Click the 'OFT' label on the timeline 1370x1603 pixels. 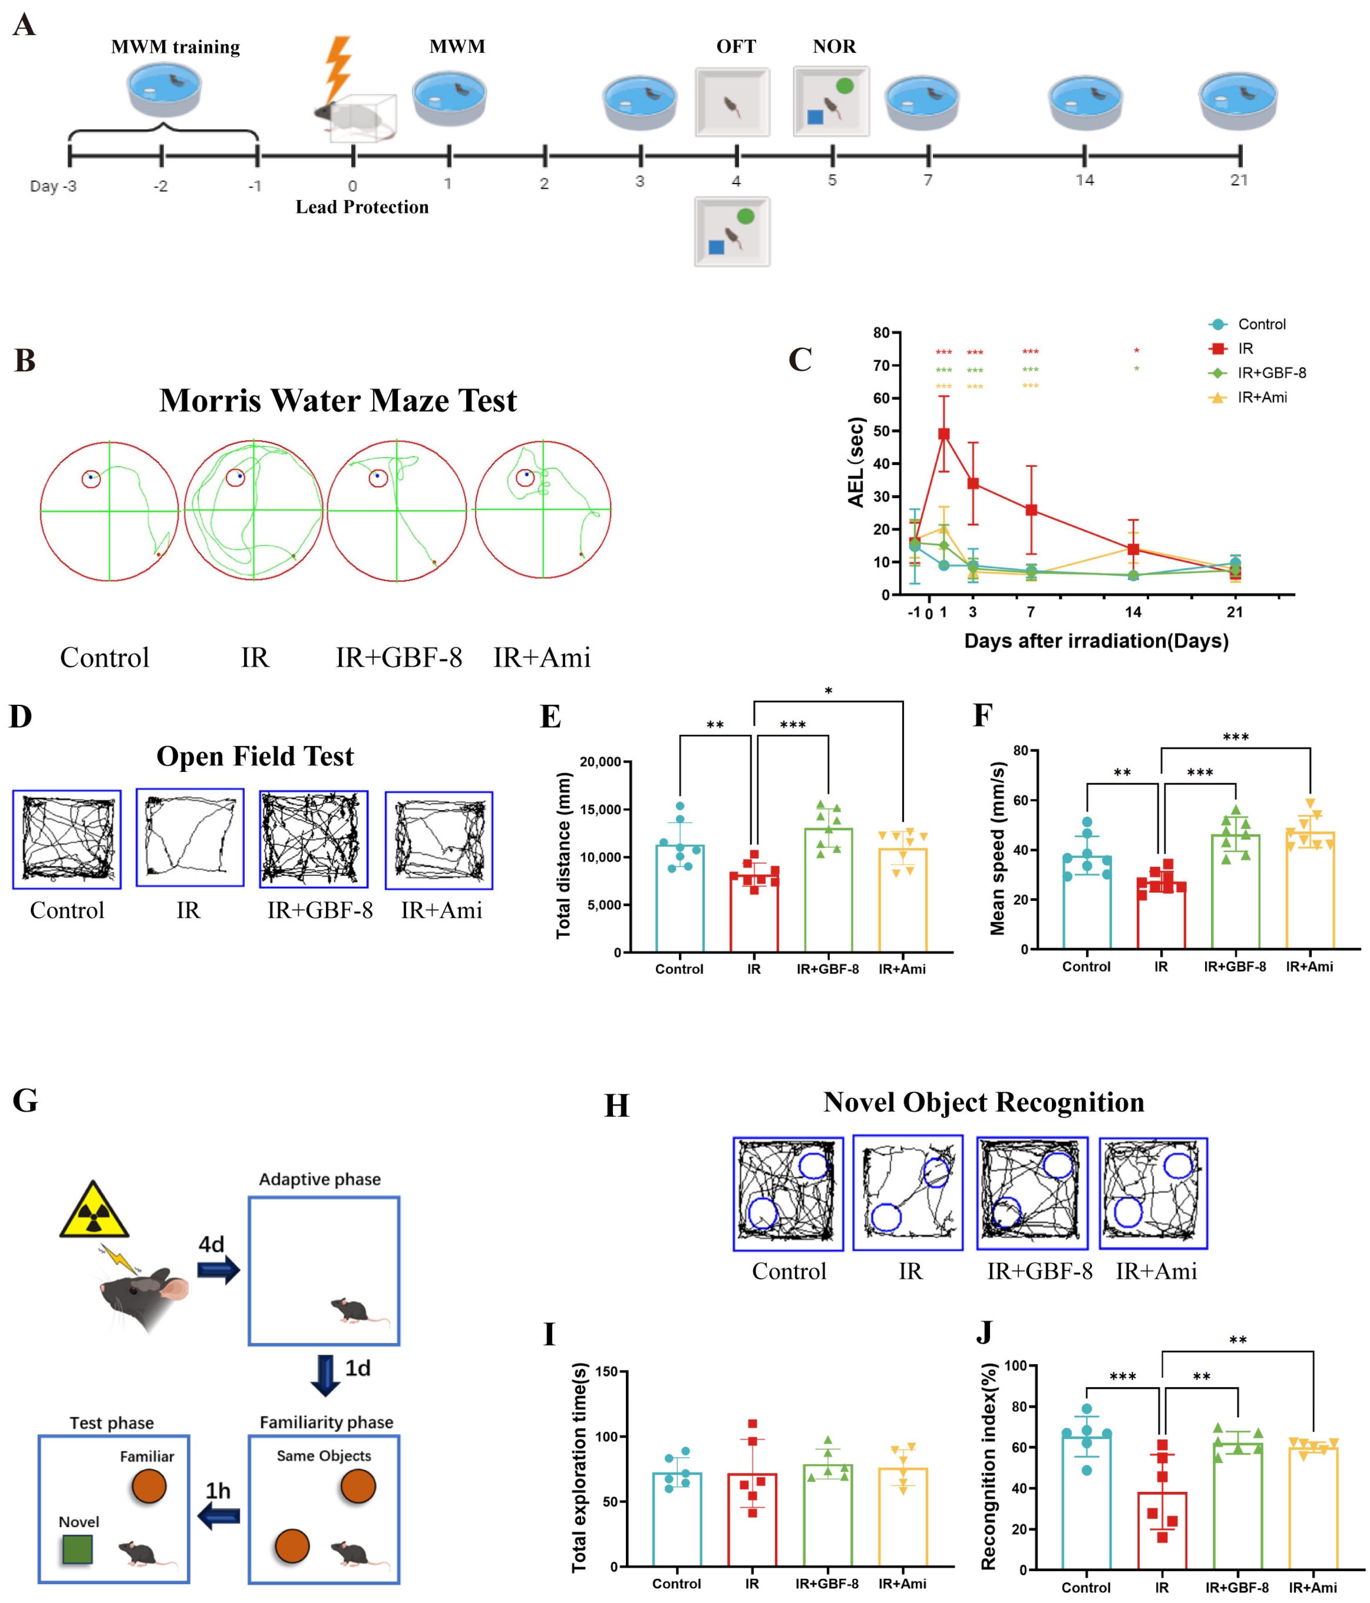click(x=735, y=46)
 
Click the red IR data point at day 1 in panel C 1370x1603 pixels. click(x=944, y=434)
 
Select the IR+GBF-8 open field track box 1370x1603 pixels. click(x=314, y=839)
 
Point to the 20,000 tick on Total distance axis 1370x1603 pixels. click(x=600, y=762)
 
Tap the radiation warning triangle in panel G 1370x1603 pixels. click(x=94, y=1211)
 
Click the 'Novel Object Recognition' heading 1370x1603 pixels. click(x=983, y=1103)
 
